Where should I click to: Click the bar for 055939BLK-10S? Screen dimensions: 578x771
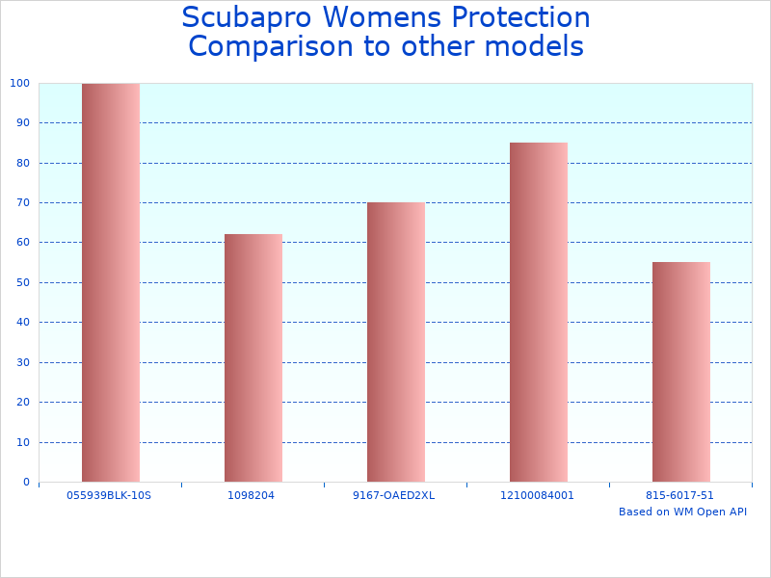[111, 282]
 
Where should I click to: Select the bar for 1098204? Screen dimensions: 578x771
[253, 357]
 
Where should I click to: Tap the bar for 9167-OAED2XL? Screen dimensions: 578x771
[396, 342]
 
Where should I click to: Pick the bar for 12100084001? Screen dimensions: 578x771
[539, 312]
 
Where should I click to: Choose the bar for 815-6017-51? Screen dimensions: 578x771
[681, 372]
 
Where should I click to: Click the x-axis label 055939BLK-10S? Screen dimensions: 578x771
[111, 495]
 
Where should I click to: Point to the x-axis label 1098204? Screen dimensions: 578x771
[253, 495]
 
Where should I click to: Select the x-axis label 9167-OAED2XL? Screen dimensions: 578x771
[396, 495]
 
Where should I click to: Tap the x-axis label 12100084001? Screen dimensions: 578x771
[539, 495]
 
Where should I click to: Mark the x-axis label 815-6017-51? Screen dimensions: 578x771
[681, 495]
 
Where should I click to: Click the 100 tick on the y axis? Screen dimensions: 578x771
[19, 83]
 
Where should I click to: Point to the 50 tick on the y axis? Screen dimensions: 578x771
[22, 282]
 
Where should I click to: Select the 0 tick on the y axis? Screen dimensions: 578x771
[25, 482]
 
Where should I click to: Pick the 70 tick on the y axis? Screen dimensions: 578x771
[22, 202]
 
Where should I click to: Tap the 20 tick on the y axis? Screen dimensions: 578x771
[22, 402]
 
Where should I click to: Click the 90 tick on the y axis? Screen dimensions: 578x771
[22, 122]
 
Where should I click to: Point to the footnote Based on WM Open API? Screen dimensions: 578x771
[682, 512]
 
